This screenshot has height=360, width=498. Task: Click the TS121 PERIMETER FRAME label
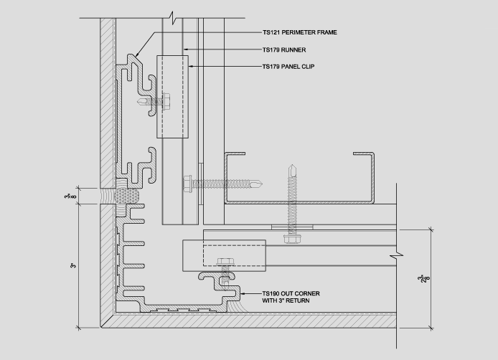click(299, 32)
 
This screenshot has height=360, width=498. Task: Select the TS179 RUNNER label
click(284, 50)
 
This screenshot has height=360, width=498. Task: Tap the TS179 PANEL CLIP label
click(288, 67)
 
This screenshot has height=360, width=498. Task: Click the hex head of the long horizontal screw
click(188, 184)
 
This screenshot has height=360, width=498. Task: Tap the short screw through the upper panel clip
click(154, 102)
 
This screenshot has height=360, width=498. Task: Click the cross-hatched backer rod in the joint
click(127, 196)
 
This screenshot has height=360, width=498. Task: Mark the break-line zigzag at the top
click(173, 18)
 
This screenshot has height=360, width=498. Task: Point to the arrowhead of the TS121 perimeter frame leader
click(137, 55)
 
